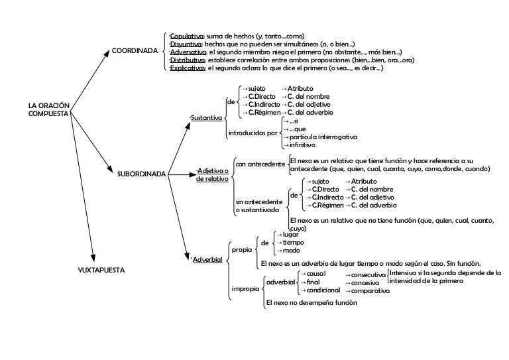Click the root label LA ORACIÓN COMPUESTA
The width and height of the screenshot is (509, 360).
pos(48,109)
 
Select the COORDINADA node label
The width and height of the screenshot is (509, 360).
pos(135,50)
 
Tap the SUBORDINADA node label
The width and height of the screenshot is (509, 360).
pos(141,174)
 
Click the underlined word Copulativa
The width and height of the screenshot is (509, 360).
pos(187,35)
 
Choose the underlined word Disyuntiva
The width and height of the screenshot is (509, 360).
pos(186,43)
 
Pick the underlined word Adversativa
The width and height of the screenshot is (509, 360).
pos(188,52)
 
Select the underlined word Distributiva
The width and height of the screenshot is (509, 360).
pos(188,60)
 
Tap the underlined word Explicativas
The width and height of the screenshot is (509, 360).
pos(188,68)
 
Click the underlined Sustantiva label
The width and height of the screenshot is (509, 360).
pos(207,118)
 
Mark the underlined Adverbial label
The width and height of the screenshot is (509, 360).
pos(207,259)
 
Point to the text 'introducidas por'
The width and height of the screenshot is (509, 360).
pos(252,133)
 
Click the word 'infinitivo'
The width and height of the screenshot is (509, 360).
pos(303,145)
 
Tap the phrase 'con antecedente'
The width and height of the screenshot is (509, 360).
pos(260,164)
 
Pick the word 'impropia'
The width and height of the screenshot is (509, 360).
pos(245,289)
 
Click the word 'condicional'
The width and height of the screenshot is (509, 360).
pos(323,290)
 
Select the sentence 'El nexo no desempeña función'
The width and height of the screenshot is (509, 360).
pos(311,302)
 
